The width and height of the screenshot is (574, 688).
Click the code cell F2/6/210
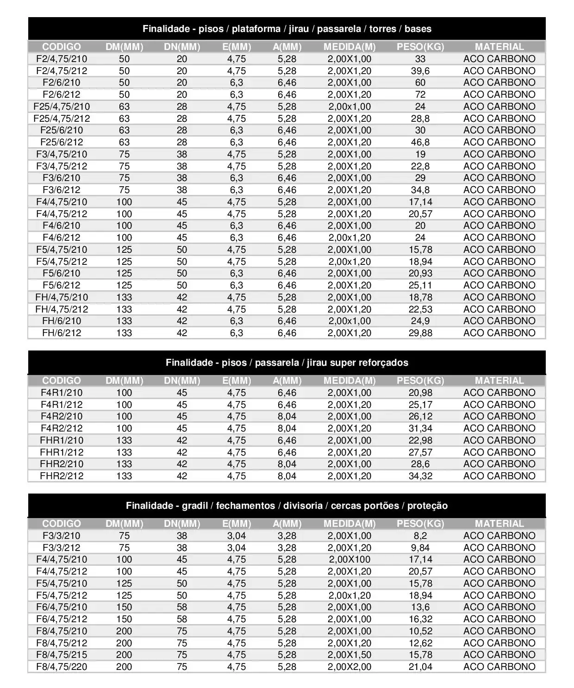(x=62, y=82)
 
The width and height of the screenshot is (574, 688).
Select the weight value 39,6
(x=420, y=71)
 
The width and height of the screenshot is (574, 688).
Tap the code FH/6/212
(x=62, y=333)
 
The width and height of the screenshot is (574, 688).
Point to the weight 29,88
(x=420, y=333)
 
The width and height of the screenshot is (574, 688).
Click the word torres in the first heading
(x=382, y=29)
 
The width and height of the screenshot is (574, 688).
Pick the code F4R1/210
(x=62, y=393)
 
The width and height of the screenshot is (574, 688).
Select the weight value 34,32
(x=420, y=476)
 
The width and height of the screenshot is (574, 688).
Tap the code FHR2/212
(x=62, y=476)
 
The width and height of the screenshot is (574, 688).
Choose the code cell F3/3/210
(x=62, y=536)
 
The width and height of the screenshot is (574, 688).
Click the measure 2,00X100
(x=349, y=559)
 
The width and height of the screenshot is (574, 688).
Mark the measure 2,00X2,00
(x=349, y=667)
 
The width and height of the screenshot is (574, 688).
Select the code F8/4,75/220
(x=62, y=667)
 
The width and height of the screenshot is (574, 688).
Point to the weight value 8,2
(x=420, y=536)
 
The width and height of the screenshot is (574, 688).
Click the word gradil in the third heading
(x=194, y=506)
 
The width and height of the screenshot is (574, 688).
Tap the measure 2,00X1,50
(x=349, y=655)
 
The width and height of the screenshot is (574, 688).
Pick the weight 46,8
(x=420, y=142)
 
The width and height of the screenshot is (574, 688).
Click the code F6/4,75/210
(x=62, y=607)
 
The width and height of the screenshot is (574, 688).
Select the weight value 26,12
(x=420, y=416)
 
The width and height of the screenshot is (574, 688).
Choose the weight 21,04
(x=420, y=667)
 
